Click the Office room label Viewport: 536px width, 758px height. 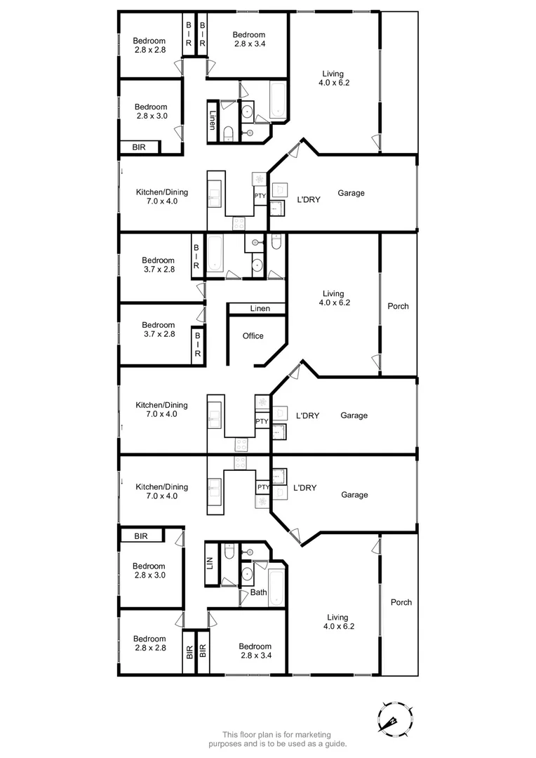pyautogui.click(x=253, y=336)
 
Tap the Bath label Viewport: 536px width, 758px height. pyautogui.click(x=259, y=592)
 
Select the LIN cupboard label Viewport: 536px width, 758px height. pyautogui.click(x=210, y=562)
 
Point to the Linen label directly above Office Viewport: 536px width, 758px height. pyautogui.click(x=259, y=309)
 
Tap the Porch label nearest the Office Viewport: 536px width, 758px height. pyautogui.click(x=398, y=306)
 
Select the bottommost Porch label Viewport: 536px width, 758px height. pyautogui.click(x=401, y=602)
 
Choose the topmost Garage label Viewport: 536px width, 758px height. pyautogui.click(x=351, y=193)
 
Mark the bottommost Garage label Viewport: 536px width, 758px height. pyautogui.click(x=354, y=495)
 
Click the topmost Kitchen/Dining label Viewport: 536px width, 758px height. pyautogui.click(x=162, y=196)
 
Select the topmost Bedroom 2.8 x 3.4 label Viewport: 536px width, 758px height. pyautogui.click(x=249, y=39)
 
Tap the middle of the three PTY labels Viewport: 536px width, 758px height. pyautogui.click(x=262, y=422)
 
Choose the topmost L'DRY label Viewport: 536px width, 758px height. pyautogui.click(x=308, y=199)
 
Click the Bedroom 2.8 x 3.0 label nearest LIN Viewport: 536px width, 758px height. pyautogui.click(x=149, y=571)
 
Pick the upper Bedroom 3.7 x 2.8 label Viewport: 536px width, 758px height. pyautogui.click(x=158, y=265)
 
